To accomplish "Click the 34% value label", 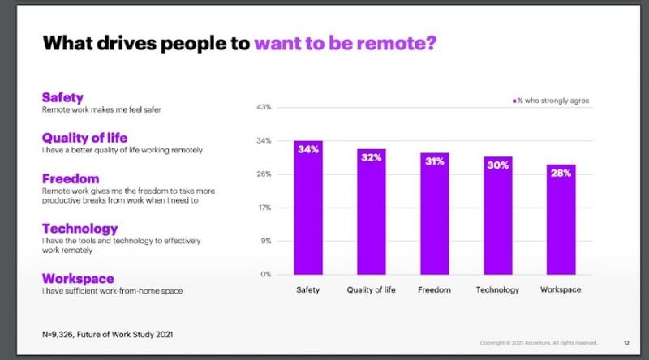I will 308,149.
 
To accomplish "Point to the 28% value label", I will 561,173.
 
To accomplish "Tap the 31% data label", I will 434,161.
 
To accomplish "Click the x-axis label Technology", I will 498,290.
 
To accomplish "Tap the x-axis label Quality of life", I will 371,290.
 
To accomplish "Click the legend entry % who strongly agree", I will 552,101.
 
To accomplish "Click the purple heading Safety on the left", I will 62,97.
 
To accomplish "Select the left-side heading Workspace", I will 78,278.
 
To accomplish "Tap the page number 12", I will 626,342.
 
